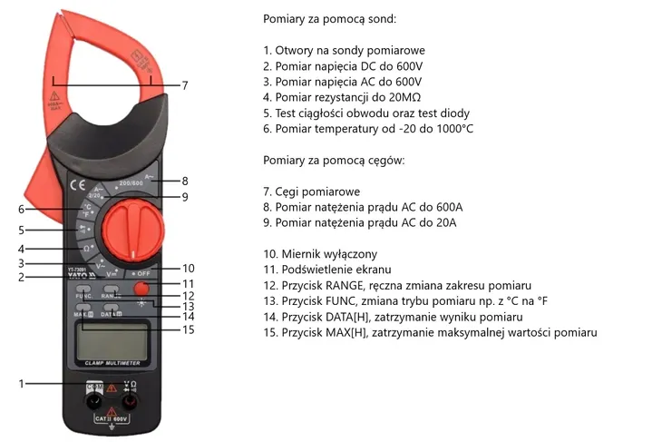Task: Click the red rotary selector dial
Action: coord(131,229)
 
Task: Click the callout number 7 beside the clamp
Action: coord(185,86)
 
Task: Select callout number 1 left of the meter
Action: coord(21,384)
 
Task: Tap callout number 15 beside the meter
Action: coord(188,329)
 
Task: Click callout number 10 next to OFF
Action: coord(188,269)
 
